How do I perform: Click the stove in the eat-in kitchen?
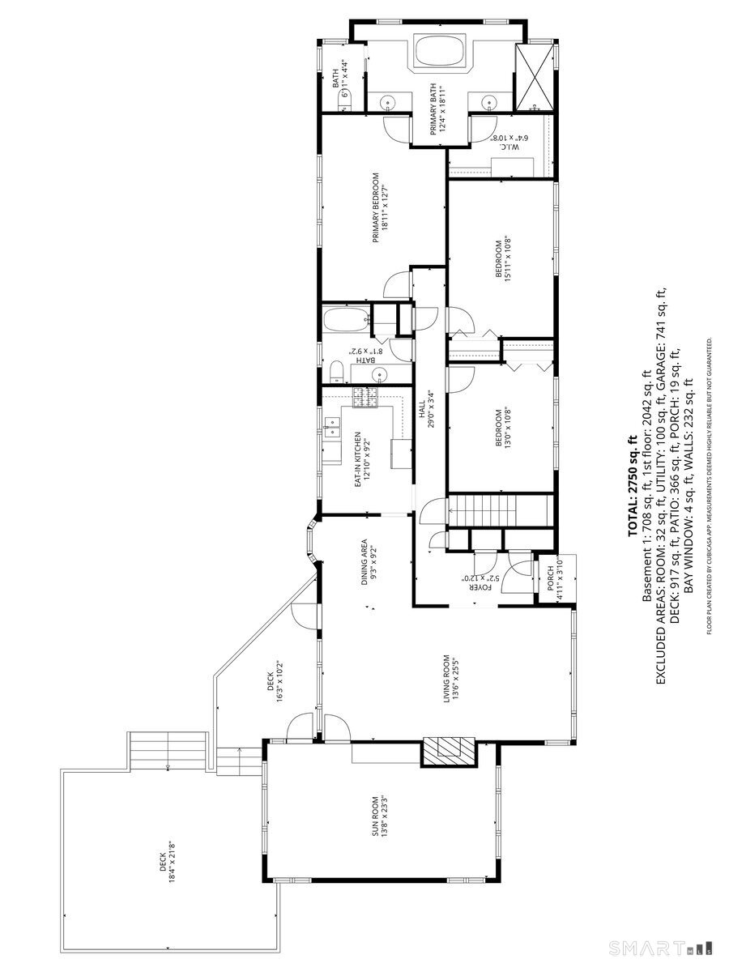364,398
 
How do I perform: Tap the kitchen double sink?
332,428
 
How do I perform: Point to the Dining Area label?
369,562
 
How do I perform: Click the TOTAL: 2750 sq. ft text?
632,486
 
